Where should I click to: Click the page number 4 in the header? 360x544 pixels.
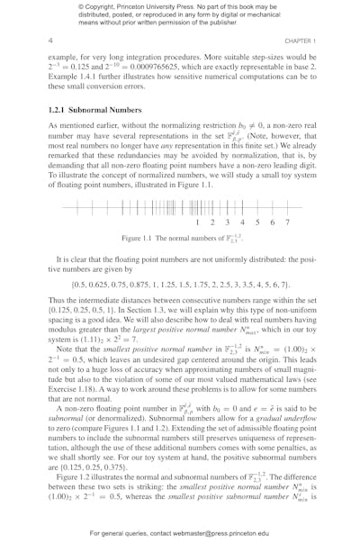(50, 41)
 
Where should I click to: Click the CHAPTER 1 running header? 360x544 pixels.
(292, 41)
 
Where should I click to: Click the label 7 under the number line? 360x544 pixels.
(287, 222)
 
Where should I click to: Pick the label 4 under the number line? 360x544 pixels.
(242, 222)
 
